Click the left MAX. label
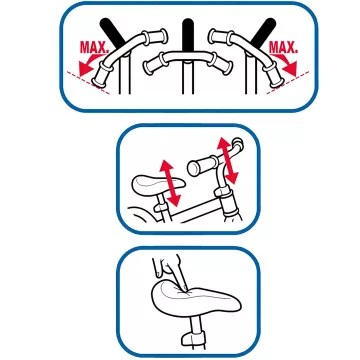click(94, 48)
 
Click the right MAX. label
click(283, 47)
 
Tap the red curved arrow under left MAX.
click(87, 65)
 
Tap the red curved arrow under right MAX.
click(287, 65)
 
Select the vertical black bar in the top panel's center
click(188, 36)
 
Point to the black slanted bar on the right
click(263, 32)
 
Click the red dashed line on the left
click(88, 83)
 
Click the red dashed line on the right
click(288, 83)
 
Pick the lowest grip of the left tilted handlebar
click(100, 76)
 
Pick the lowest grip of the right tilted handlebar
click(275, 75)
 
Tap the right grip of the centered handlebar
click(221, 64)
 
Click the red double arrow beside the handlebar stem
click(228, 161)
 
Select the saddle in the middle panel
click(158, 185)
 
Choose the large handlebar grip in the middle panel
click(203, 166)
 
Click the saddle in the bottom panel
click(196, 299)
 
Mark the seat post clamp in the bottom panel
click(194, 337)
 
